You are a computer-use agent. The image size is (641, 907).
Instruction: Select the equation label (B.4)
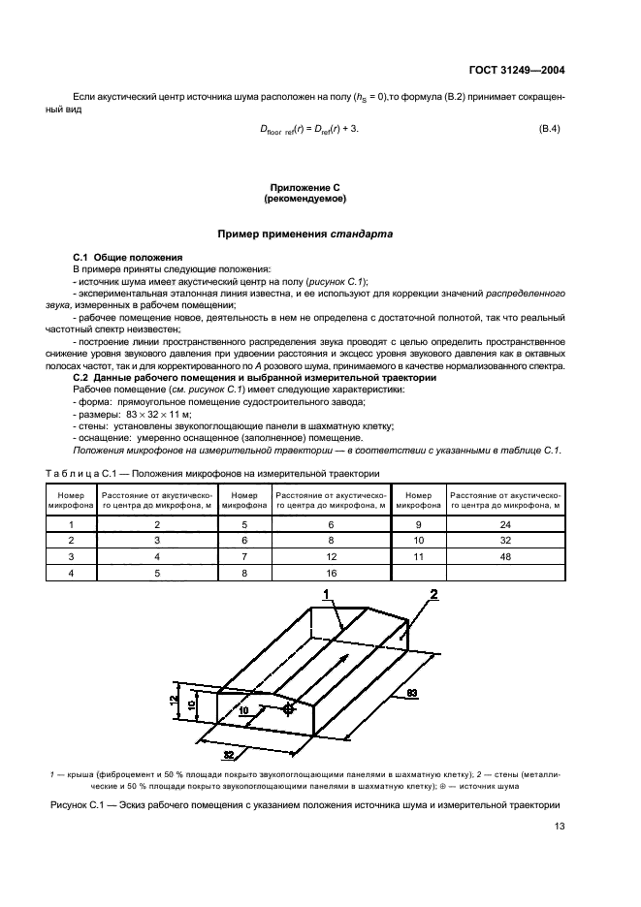coord(551,129)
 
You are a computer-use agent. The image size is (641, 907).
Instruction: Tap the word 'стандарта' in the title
coord(362,233)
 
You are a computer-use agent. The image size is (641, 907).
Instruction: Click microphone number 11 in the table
coord(419,559)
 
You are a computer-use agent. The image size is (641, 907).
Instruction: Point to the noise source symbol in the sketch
coord(288,710)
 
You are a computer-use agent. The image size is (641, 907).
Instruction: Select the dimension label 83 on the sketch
coord(411,694)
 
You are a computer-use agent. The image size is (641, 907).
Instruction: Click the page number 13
coord(559,826)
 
